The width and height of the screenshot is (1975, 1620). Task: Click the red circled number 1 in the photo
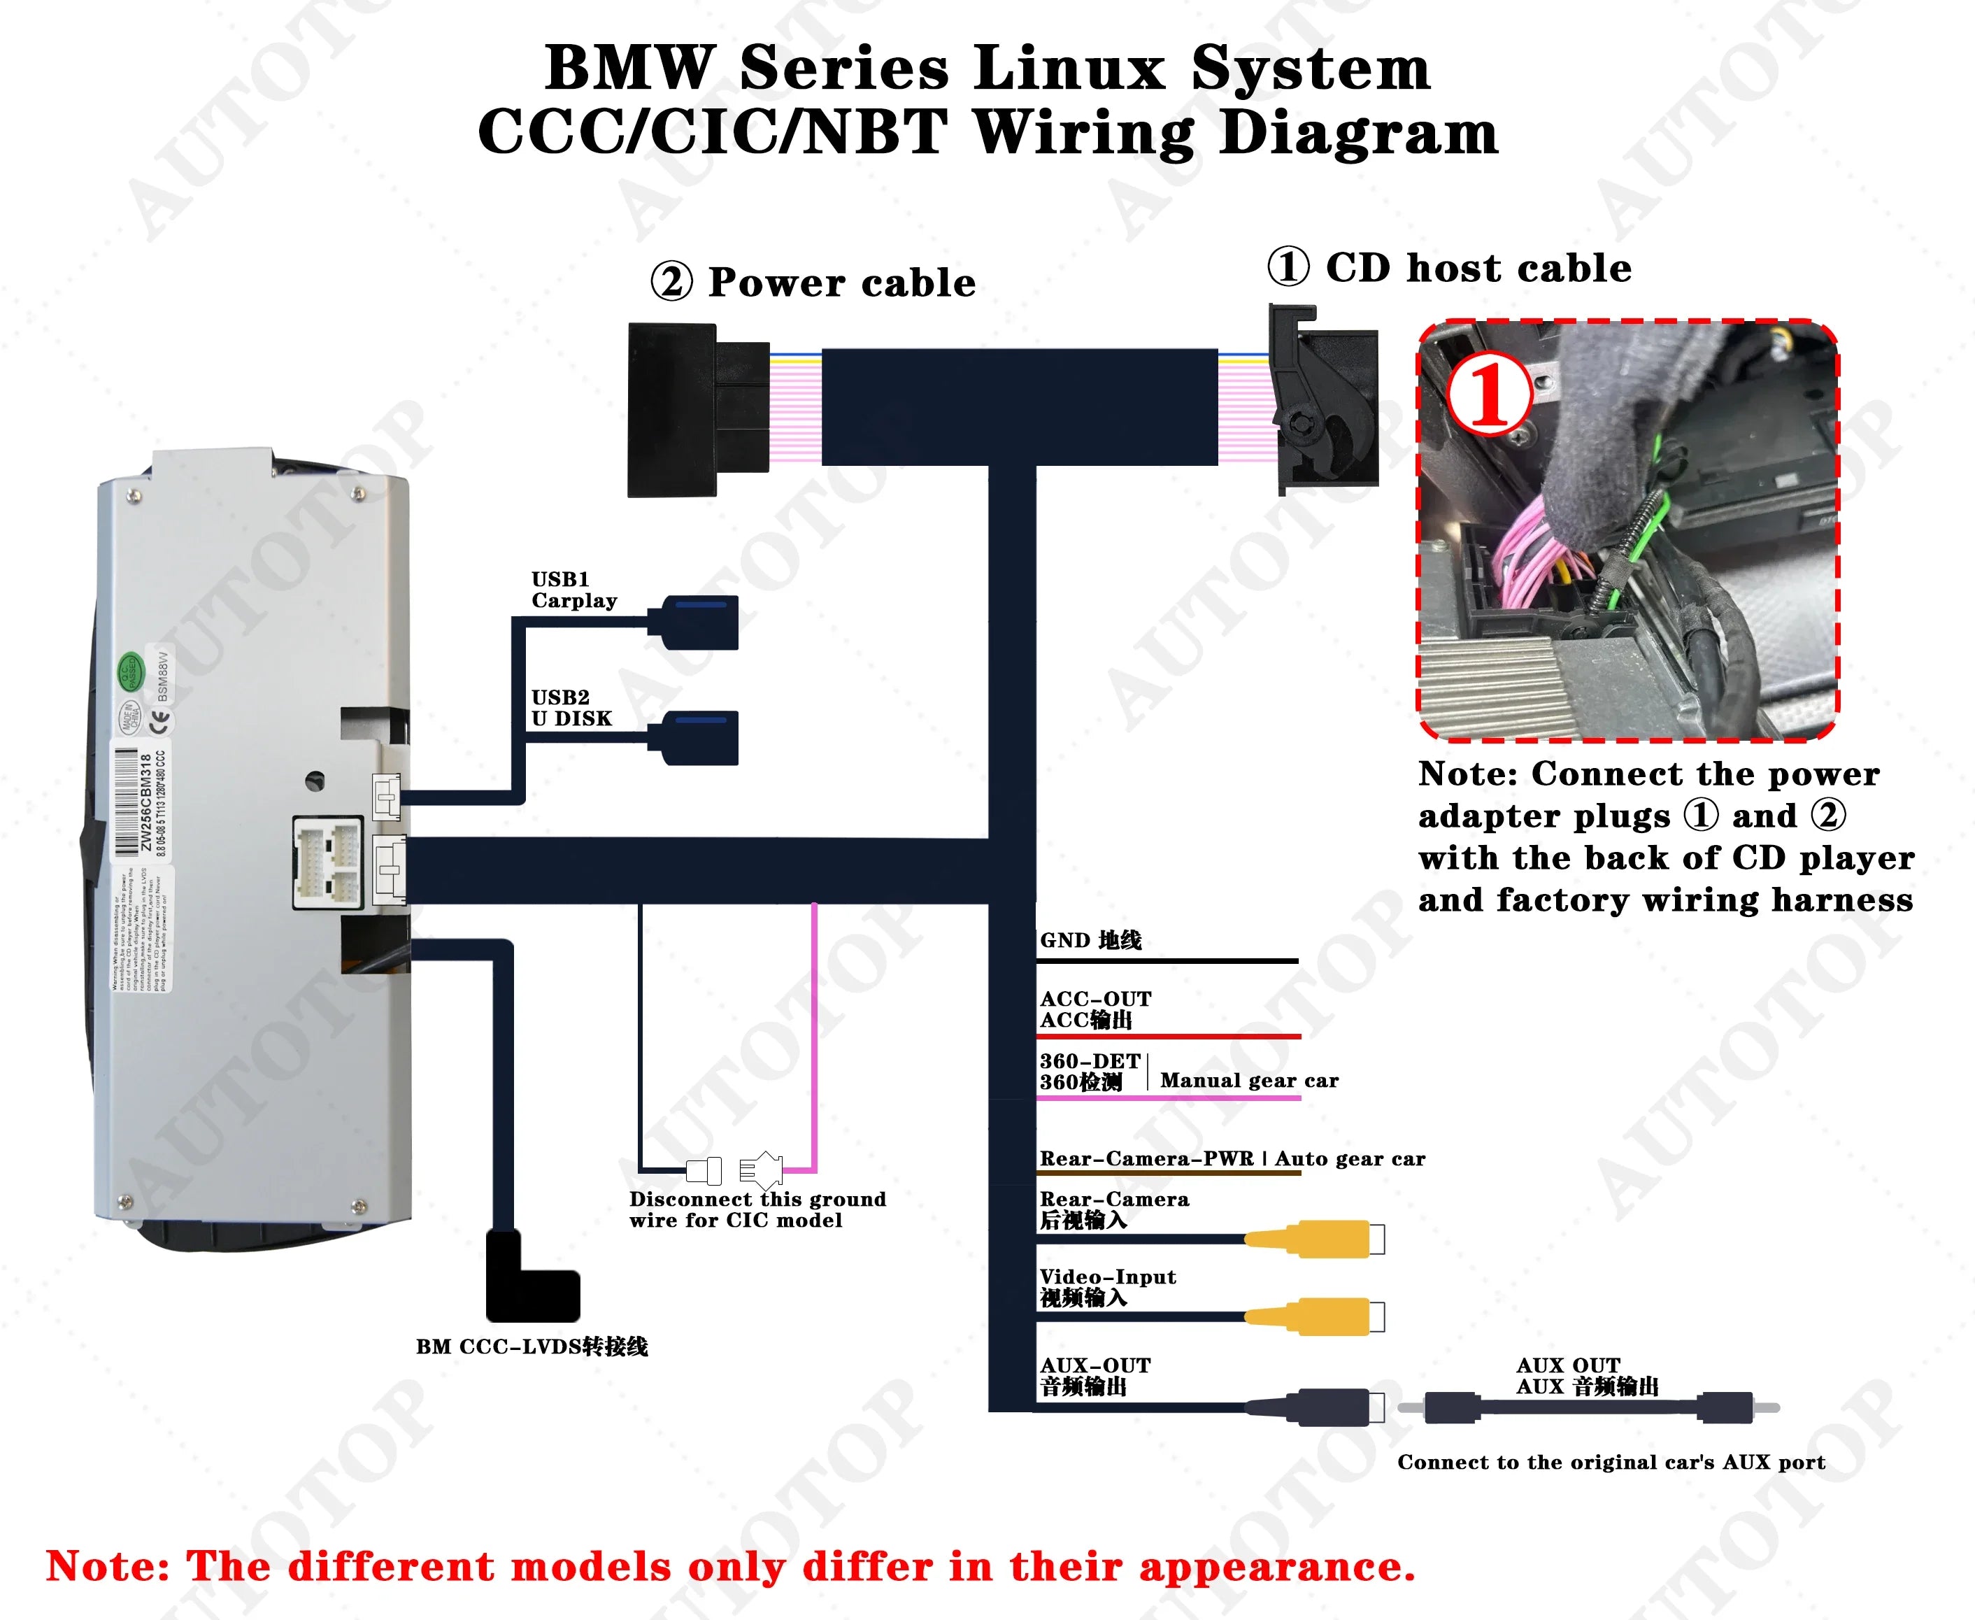pos(1489,395)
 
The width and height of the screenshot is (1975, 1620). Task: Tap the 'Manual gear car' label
pos(1249,1081)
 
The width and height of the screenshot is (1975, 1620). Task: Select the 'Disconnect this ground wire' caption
pos(757,1209)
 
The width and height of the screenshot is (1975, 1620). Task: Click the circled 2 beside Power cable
pos(671,282)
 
